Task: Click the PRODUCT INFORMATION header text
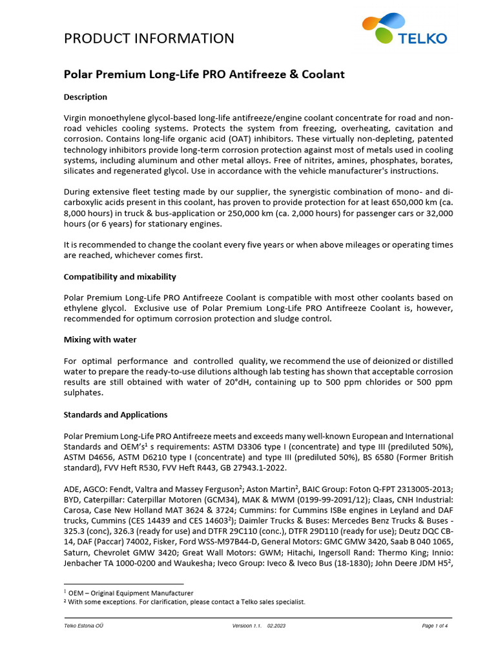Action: (149, 38)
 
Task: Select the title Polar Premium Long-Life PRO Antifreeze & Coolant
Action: (204, 74)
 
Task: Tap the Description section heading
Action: (85, 97)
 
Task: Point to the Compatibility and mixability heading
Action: (120, 277)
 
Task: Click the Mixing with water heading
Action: (99, 339)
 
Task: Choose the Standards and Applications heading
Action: (116, 414)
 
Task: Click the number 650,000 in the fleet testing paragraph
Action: (406, 203)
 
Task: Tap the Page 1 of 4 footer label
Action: (435, 626)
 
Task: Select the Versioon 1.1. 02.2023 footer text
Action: (258, 626)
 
